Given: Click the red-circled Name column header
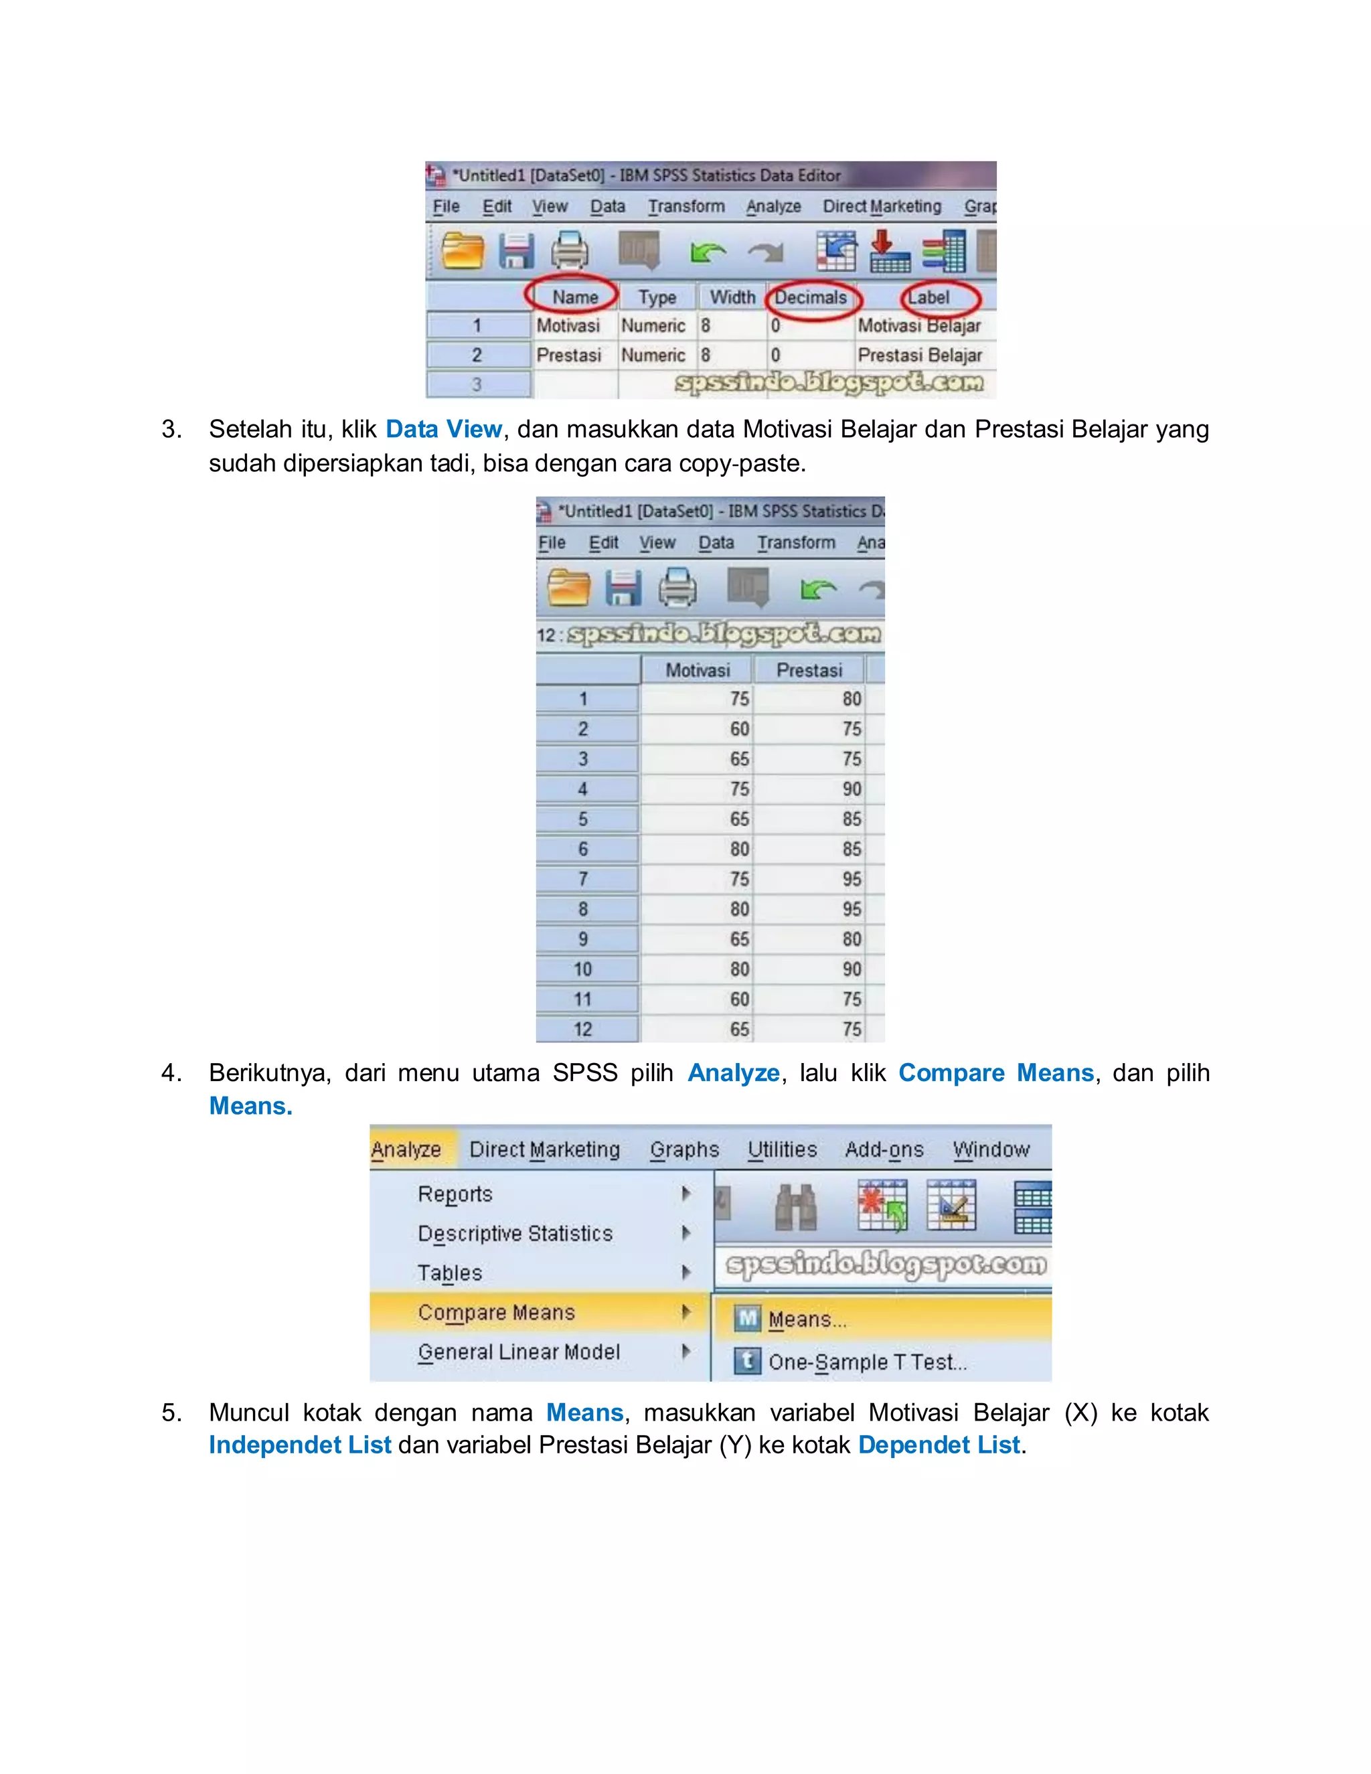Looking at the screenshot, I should pyautogui.click(x=574, y=297).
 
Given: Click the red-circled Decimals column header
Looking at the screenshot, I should pyautogui.click(x=810, y=297).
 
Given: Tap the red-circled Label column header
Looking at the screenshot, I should pyautogui.click(x=929, y=297).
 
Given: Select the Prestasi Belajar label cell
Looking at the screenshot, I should pyautogui.click(x=919, y=355).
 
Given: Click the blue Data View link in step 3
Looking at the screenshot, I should pyautogui.click(x=443, y=429).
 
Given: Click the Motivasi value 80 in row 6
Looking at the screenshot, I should pyautogui.click(x=738, y=849).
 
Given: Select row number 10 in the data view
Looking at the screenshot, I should pyautogui.click(x=583, y=969).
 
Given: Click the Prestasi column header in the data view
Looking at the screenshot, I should pyautogui.click(x=809, y=670).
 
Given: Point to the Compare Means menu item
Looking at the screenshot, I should pyautogui.click(x=496, y=1312).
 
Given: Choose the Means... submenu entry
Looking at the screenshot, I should pyautogui.click(x=807, y=1319).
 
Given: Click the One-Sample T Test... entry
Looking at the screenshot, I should pyautogui.click(x=867, y=1362).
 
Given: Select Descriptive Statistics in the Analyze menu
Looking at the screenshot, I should pyautogui.click(x=515, y=1233).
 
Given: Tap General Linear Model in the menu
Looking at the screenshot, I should pyautogui.click(x=518, y=1352).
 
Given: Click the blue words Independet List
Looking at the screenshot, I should pyautogui.click(x=300, y=1444).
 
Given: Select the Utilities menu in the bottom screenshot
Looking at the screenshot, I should pyautogui.click(x=781, y=1149).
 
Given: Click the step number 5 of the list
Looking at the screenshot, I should pyautogui.click(x=171, y=1412).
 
